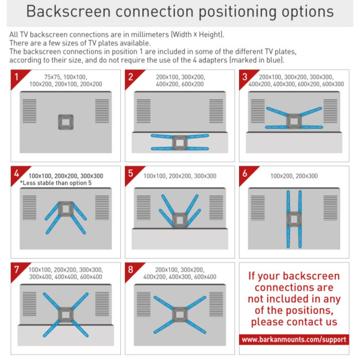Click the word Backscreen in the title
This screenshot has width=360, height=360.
[69, 11]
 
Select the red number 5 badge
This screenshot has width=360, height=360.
[132, 174]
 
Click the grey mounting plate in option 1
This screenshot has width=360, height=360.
[66, 122]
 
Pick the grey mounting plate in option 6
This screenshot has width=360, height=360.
[294, 219]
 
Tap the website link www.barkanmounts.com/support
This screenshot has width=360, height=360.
[294, 339]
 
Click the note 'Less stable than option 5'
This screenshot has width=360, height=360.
[56, 183]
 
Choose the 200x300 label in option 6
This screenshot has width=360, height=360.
[307, 176]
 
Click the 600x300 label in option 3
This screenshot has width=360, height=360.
[333, 84]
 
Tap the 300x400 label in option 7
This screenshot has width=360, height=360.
[40, 277]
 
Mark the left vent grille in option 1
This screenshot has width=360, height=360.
[29, 111]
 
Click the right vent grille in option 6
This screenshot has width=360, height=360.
[330, 208]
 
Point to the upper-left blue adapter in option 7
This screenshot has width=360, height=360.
[51, 301]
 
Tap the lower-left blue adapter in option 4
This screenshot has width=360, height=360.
[53, 225]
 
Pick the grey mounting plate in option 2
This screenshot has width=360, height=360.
[180, 143]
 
